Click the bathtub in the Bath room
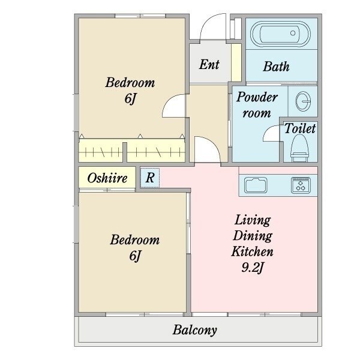[280, 34]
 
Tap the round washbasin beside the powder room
[303, 101]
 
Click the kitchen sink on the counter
[256, 185]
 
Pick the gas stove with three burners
[301, 185]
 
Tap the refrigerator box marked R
[149, 178]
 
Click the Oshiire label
[107, 178]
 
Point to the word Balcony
[194, 331]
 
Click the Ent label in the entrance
[209, 64]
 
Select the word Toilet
[300, 128]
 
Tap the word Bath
[276, 67]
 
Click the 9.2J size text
[253, 267]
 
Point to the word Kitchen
[253, 251]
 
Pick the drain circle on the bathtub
[293, 33]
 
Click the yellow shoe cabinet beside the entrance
[236, 62]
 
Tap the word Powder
[257, 97]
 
